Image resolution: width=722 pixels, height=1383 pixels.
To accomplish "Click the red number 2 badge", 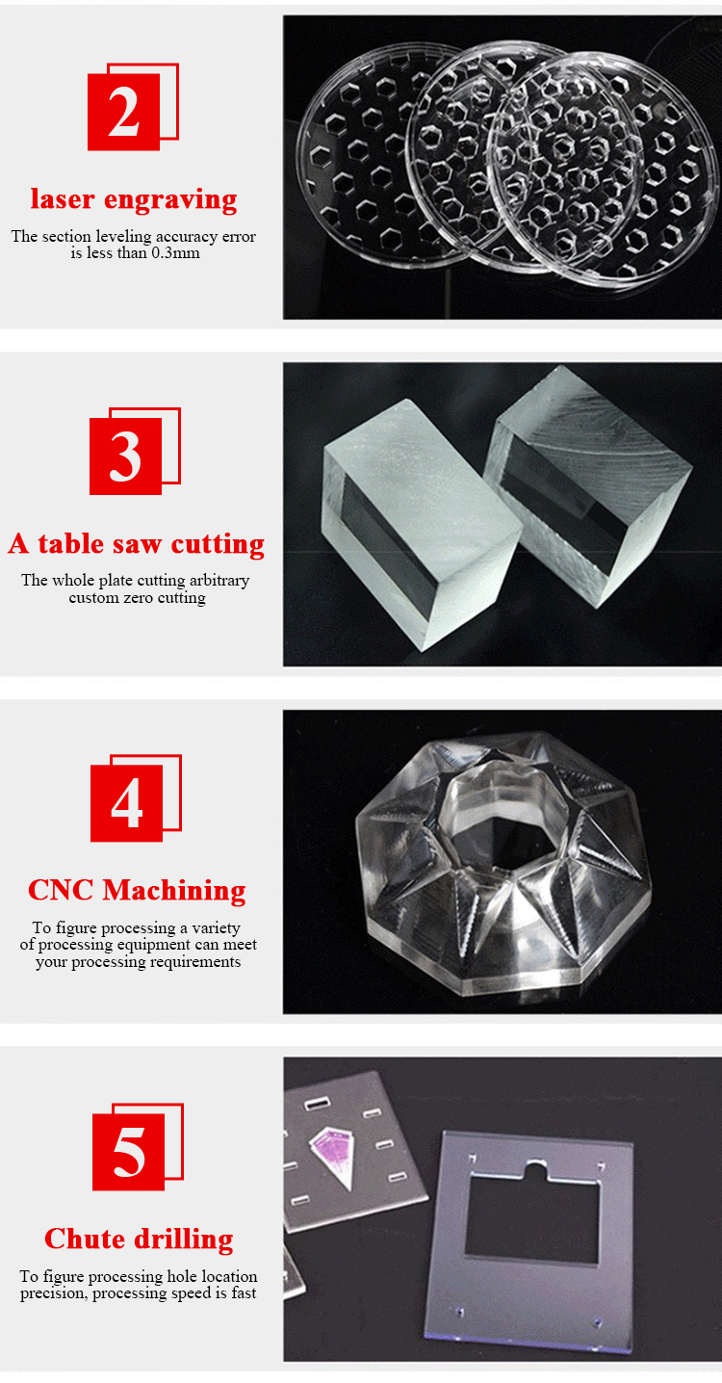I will pyautogui.click(x=124, y=114).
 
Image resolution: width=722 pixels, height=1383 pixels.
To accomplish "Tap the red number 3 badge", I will pyautogui.click(x=125, y=458).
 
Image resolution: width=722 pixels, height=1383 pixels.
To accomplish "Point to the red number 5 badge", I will pyautogui.click(x=128, y=1152).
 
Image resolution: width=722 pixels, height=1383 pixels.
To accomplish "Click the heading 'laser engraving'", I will pyautogui.click(x=133, y=199).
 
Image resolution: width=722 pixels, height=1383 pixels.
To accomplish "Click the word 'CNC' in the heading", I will pyautogui.click(x=62, y=890).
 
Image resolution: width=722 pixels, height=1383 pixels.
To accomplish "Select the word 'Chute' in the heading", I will pyautogui.click(x=83, y=1239).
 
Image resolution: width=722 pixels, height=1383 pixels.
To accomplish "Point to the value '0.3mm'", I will pyautogui.click(x=175, y=253).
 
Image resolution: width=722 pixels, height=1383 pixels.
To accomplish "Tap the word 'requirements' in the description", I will pyautogui.click(x=193, y=962).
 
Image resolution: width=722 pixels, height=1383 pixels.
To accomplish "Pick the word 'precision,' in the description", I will pyautogui.click(x=53, y=1293).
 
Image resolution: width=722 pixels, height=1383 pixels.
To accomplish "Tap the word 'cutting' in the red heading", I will pyautogui.click(x=217, y=544).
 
